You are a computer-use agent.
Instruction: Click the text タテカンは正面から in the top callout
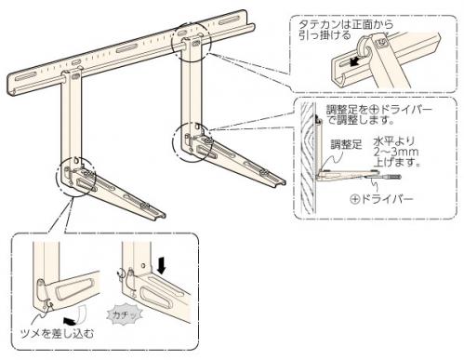pos(346,24)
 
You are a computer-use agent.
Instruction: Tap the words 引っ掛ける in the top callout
pos(325,35)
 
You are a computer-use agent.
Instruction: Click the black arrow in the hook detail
pos(355,62)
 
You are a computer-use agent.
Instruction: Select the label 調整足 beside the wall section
pos(346,144)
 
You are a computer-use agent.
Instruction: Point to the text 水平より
pos(393,141)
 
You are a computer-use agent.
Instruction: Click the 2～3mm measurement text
pos(396,153)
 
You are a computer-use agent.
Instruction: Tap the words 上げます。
pos(397,162)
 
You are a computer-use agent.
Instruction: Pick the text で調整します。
pos(361,120)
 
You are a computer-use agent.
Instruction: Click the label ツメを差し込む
pos(57,334)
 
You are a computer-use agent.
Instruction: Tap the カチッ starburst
pos(125,315)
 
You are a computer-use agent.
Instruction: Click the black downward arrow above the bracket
pos(162,265)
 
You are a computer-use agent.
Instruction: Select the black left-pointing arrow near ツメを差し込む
pos(69,321)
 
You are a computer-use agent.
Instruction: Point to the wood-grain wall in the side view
pos(308,158)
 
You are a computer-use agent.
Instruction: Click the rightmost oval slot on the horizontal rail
pos(230,21)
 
